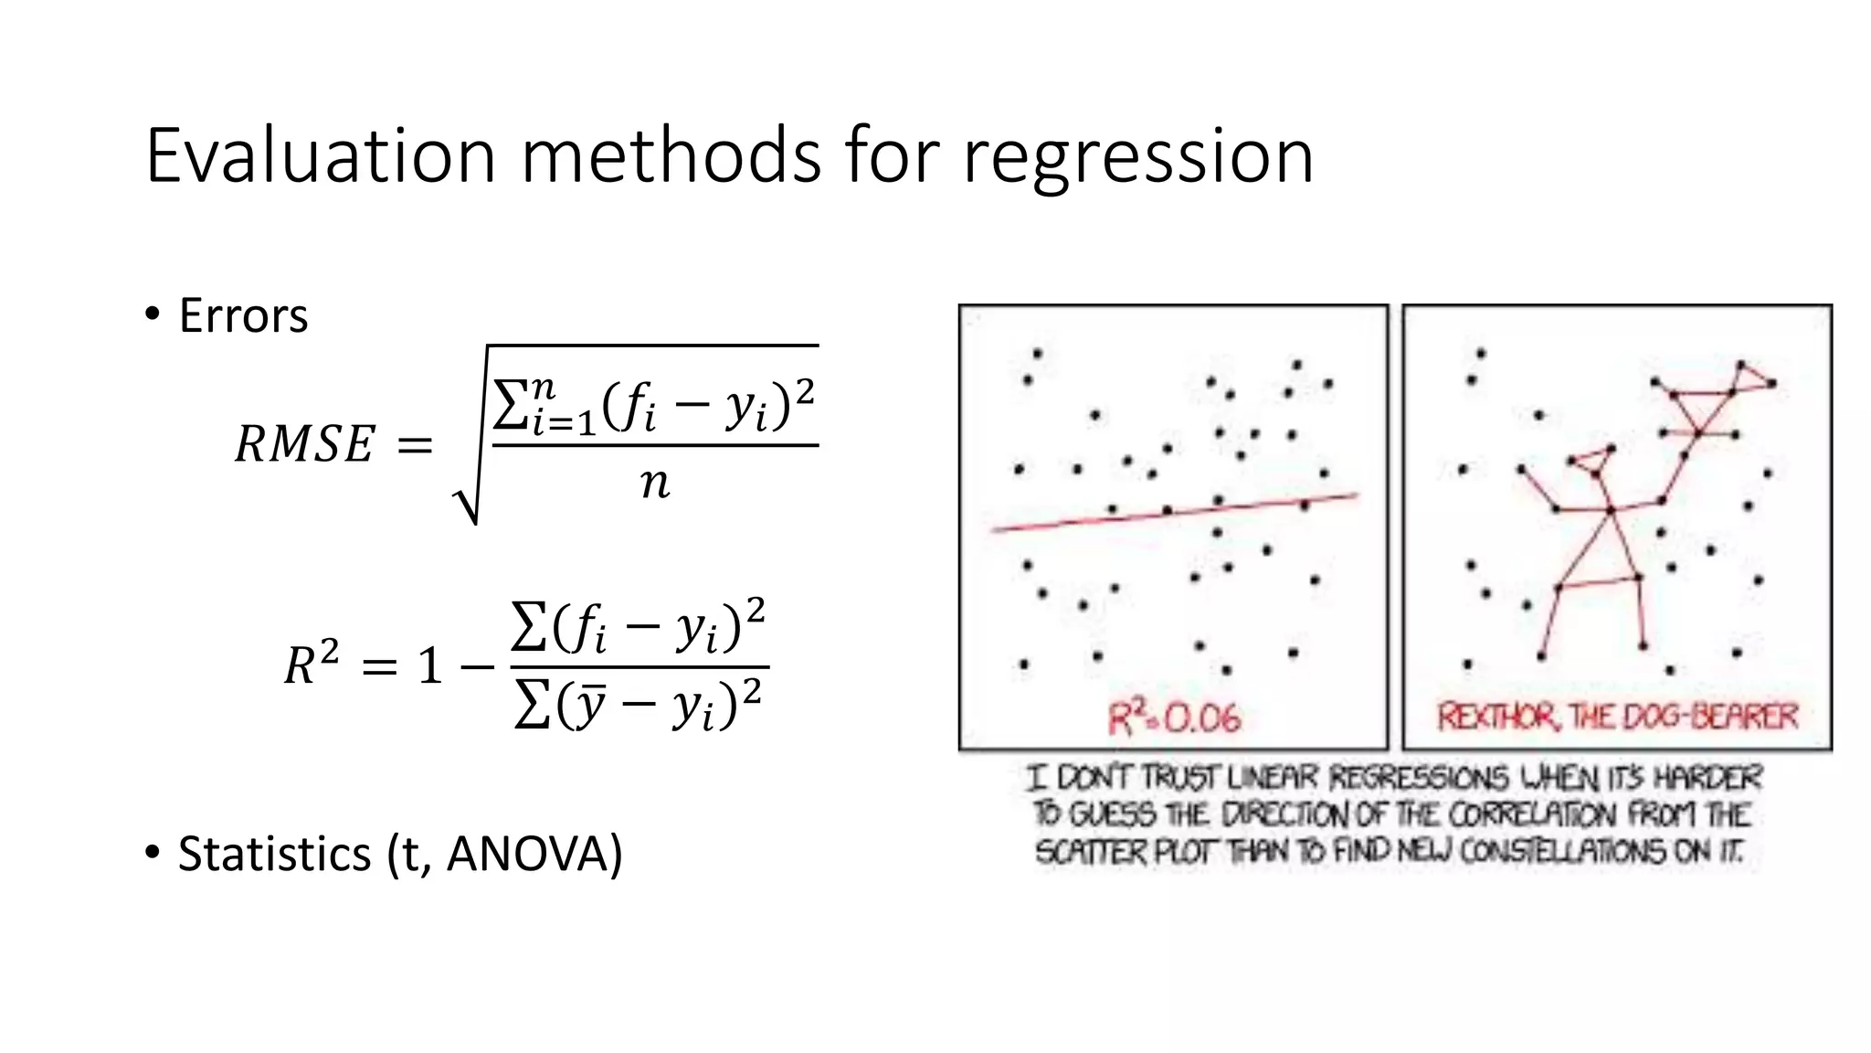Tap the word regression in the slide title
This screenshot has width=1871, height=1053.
[1138, 157]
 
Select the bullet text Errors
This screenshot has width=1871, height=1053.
[243, 316]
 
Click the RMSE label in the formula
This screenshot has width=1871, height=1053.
[304, 445]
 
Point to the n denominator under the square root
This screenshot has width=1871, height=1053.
[654, 483]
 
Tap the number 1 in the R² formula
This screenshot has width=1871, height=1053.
[430, 665]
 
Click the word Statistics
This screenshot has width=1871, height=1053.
[274, 854]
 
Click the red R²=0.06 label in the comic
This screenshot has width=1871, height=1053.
[1175, 718]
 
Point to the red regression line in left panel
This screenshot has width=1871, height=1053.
[1174, 512]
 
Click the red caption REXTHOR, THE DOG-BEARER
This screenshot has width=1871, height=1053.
[1617, 716]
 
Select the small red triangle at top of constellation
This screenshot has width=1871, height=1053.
[1751, 377]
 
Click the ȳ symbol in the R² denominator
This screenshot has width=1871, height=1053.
[589, 706]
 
